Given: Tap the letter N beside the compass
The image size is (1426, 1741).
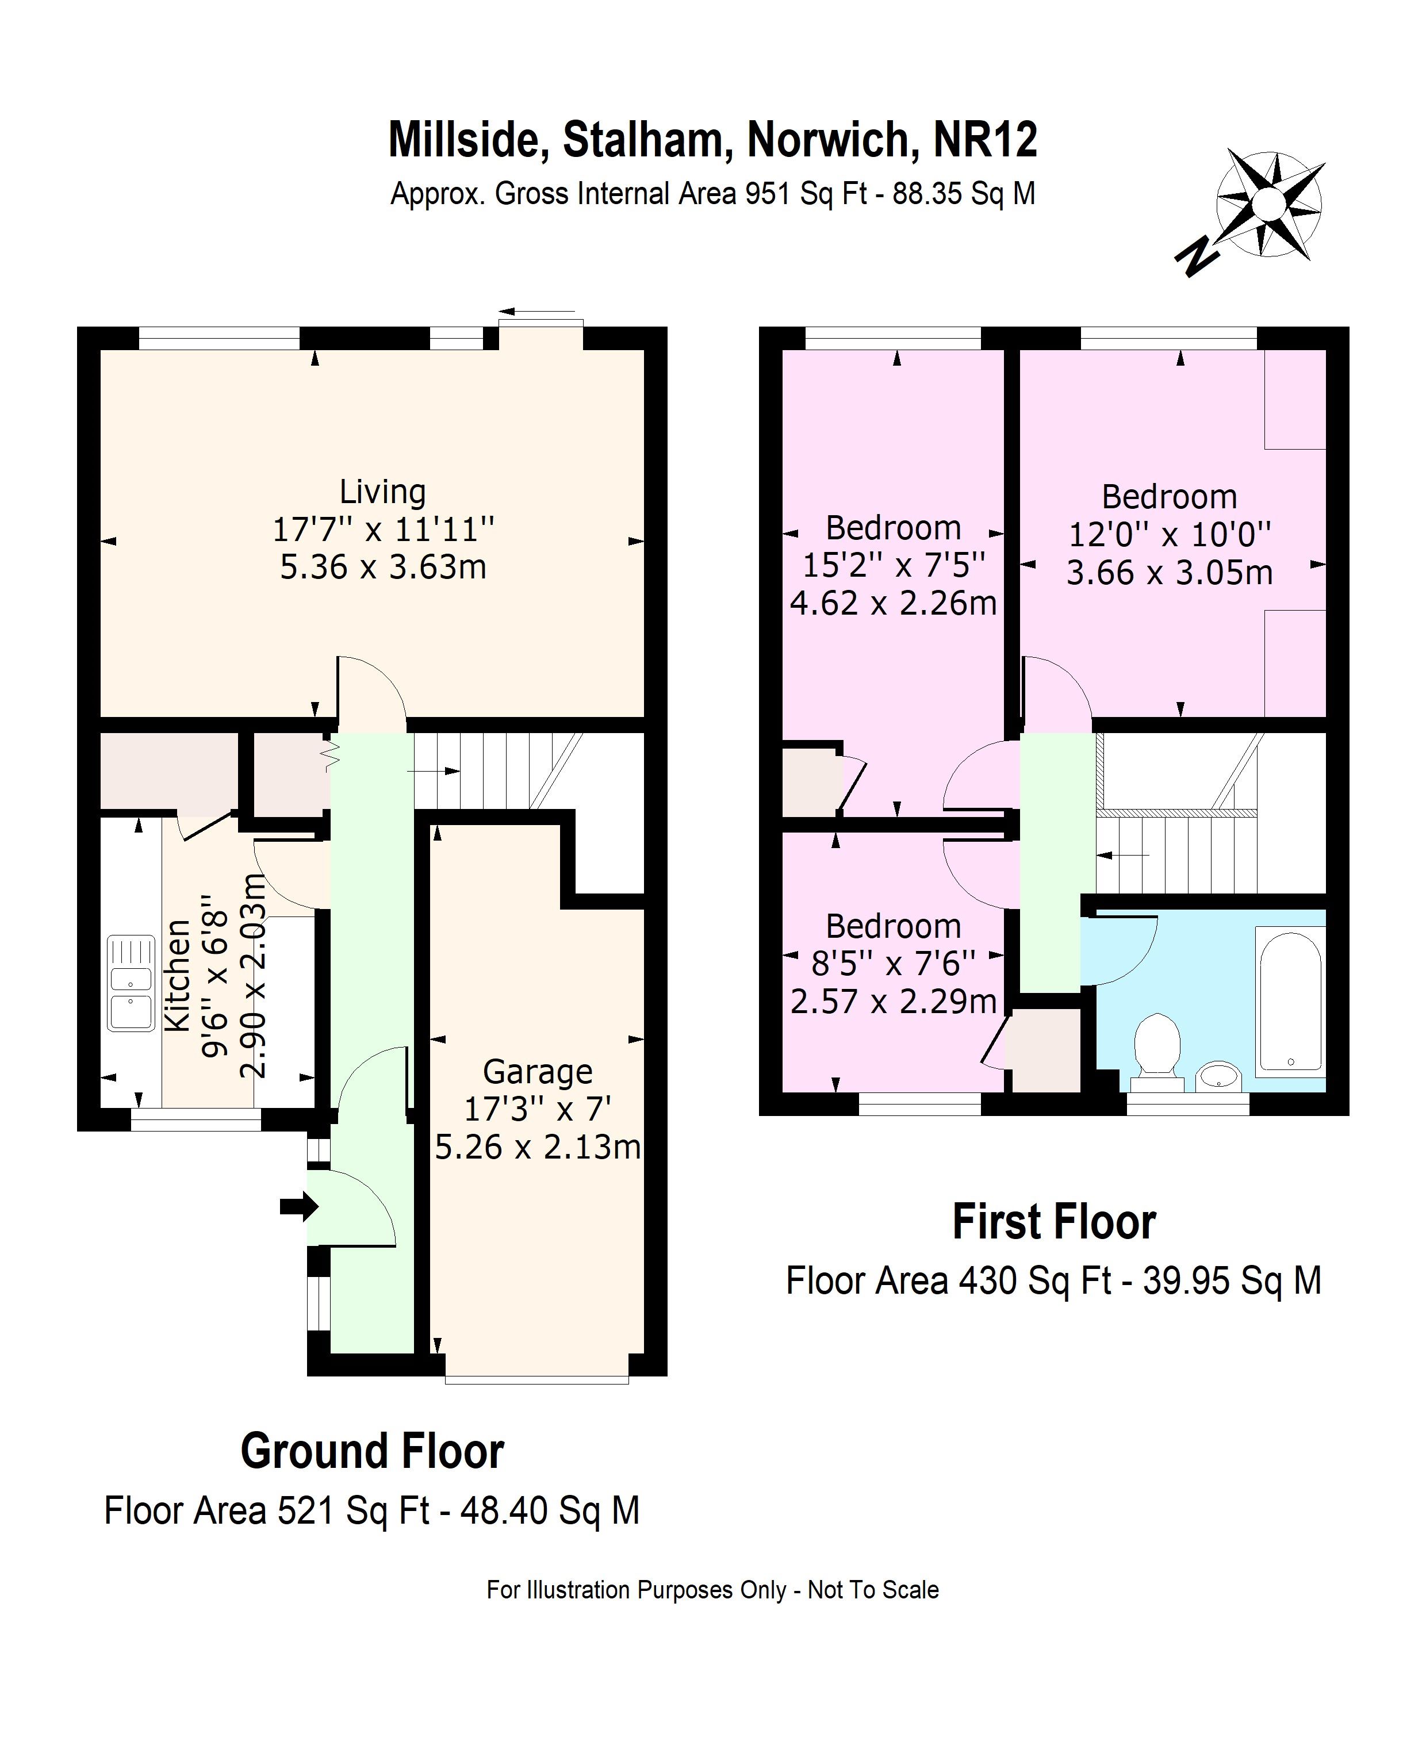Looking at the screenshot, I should [1196, 256].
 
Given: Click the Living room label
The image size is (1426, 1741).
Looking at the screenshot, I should [383, 492].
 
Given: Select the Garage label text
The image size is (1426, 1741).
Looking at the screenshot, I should [537, 1072].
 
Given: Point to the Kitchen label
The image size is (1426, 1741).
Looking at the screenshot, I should [178, 976].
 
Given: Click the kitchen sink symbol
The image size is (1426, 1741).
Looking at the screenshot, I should [131, 983].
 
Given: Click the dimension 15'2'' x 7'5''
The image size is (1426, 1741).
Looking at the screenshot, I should [893, 565].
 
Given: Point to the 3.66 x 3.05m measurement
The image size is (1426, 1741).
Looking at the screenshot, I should [1169, 573].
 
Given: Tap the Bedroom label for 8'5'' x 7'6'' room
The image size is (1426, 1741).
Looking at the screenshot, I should [893, 926].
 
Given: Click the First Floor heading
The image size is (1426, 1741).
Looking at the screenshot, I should [1054, 1222].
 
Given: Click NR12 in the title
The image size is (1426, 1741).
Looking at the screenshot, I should [985, 140].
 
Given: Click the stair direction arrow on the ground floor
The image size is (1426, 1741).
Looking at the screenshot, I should [434, 770].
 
